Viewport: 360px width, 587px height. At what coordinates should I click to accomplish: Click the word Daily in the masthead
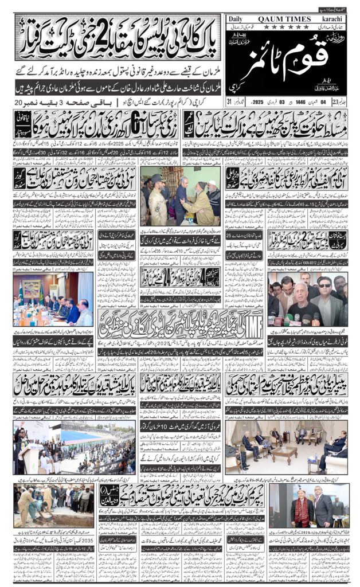[x=237, y=18]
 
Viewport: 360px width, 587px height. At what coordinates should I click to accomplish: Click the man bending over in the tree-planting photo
[x=29, y=504]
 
